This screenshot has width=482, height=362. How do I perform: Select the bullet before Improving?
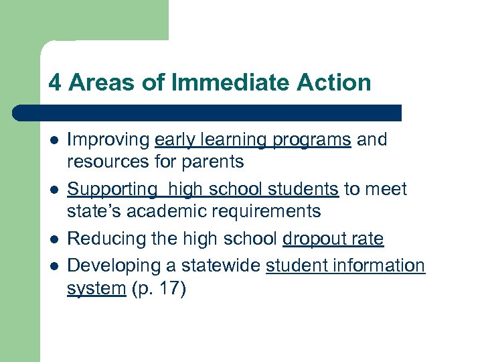[x=54, y=141]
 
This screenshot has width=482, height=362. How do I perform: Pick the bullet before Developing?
[x=54, y=266]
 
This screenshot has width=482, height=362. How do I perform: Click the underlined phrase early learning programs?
[x=252, y=140]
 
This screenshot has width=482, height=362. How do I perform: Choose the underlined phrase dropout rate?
[x=333, y=239]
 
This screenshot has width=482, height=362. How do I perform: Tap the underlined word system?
[x=96, y=288]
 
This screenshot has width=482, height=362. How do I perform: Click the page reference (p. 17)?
[x=161, y=288]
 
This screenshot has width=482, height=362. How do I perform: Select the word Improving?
[x=108, y=140]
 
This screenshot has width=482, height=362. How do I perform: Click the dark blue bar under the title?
[x=208, y=113]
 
